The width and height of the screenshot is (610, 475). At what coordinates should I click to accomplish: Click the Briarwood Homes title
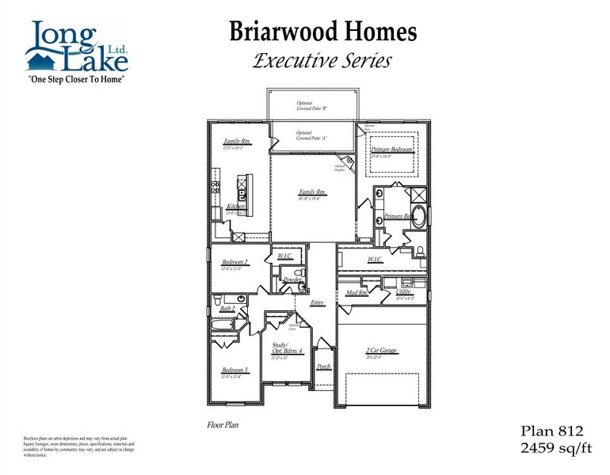click(322, 32)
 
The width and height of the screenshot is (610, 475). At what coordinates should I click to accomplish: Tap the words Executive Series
click(322, 61)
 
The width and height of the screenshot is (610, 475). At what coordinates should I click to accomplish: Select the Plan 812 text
click(551, 431)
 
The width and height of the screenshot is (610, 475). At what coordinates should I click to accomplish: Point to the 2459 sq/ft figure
click(555, 449)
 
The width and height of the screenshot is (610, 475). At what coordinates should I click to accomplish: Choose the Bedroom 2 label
click(235, 261)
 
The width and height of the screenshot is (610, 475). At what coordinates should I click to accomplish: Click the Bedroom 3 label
click(235, 370)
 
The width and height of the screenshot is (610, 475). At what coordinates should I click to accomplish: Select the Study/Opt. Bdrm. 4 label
click(288, 348)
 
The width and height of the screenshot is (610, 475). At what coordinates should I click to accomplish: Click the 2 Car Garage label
click(381, 350)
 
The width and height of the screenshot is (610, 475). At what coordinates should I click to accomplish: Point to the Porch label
click(323, 367)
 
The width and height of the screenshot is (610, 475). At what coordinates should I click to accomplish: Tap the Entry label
click(317, 302)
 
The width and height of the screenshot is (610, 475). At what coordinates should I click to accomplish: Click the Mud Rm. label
click(356, 293)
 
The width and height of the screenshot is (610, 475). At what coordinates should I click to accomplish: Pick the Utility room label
click(403, 292)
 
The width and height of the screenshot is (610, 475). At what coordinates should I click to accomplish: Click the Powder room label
click(292, 279)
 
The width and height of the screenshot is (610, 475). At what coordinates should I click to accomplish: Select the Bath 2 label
click(227, 308)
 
